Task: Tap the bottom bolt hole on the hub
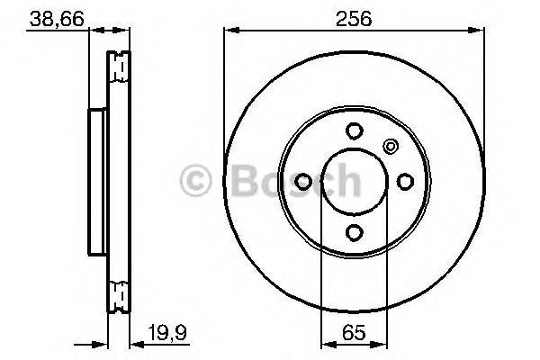pos(354,232)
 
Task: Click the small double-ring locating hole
pos(390,146)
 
